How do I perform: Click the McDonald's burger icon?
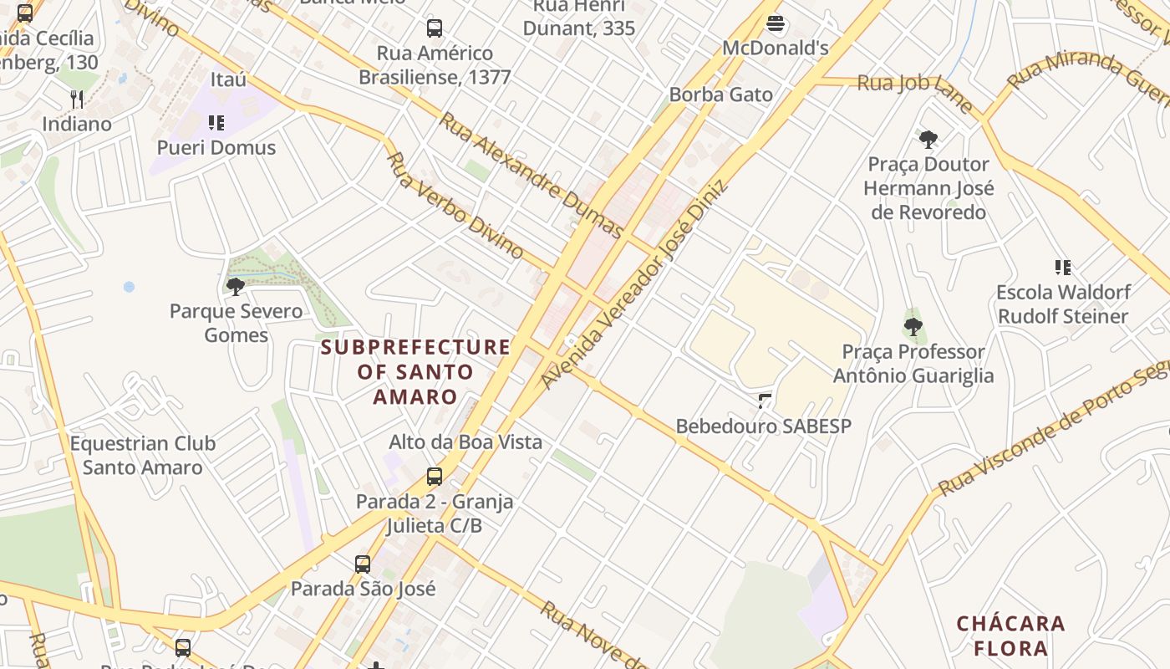(776, 24)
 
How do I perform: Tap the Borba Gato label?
(720, 94)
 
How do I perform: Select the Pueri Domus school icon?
(216, 124)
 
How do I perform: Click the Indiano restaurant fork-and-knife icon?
(77, 100)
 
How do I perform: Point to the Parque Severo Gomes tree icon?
(236, 287)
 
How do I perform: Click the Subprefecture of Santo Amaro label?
(415, 371)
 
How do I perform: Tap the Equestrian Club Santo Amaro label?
(143, 455)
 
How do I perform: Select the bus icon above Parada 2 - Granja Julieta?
(435, 477)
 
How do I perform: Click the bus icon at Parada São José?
(362, 564)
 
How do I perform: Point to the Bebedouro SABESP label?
(763, 426)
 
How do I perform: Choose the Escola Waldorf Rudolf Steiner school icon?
(1063, 268)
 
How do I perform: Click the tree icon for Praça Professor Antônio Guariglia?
(913, 326)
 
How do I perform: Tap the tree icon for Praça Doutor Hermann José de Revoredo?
(928, 139)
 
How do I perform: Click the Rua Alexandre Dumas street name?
(532, 175)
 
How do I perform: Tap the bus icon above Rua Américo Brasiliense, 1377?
(435, 28)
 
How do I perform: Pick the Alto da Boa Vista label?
(465, 442)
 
